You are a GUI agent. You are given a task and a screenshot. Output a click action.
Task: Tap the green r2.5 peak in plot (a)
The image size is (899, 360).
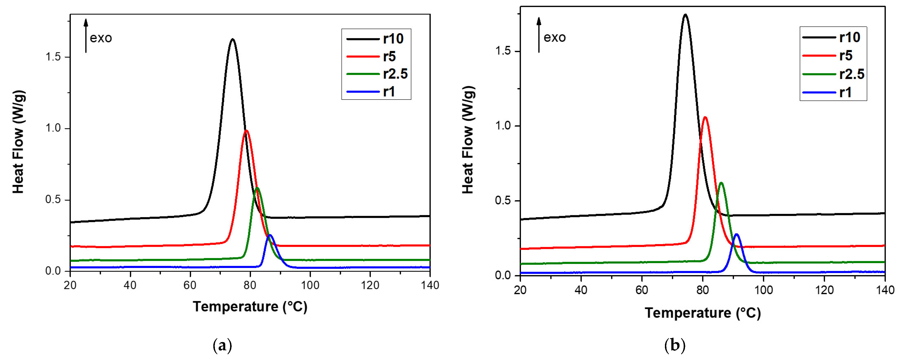(257, 188)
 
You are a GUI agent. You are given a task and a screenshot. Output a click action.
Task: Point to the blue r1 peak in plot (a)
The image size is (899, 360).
(270, 235)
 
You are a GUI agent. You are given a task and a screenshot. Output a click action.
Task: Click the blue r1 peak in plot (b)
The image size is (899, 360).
(737, 234)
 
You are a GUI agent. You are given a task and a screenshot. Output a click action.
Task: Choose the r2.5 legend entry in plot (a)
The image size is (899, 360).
(395, 74)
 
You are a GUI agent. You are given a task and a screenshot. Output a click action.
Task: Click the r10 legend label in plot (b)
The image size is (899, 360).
(850, 37)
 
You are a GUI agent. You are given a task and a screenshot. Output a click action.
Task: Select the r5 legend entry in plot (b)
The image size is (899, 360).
(846, 56)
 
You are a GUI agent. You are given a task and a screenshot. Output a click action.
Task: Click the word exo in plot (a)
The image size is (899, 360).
(101, 38)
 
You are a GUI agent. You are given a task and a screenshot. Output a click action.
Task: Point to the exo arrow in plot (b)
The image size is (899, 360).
(539, 35)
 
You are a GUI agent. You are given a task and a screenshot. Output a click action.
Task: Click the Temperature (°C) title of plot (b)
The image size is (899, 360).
(702, 313)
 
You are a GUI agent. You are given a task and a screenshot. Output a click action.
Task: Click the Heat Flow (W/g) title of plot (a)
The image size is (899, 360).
(18, 142)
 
